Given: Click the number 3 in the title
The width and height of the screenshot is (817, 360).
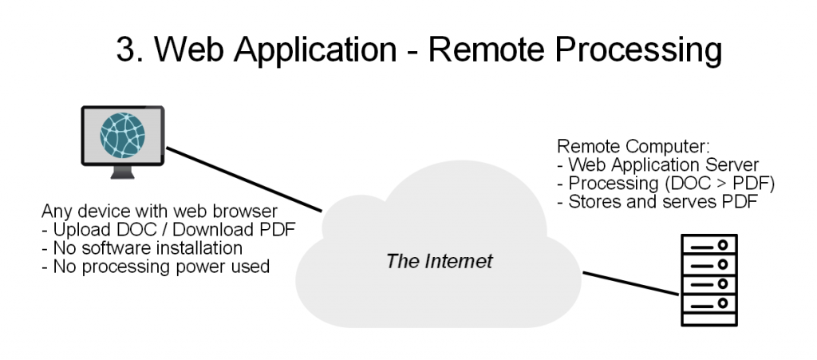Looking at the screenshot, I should pyautogui.click(x=127, y=49).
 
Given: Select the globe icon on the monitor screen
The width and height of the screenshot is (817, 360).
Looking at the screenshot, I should pyautogui.click(x=122, y=136).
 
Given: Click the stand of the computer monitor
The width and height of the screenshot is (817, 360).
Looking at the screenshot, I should pyautogui.click(x=122, y=172).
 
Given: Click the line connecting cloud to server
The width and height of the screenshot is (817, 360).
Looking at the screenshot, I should pyautogui.click(x=630, y=283).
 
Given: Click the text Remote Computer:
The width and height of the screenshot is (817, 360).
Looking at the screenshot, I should pyautogui.click(x=633, y=147).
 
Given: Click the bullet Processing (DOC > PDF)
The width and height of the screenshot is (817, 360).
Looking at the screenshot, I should pyautogui.click(x=666, y=184).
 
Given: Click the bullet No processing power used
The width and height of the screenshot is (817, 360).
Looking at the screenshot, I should pyautogui.click(x=156, y=267).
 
